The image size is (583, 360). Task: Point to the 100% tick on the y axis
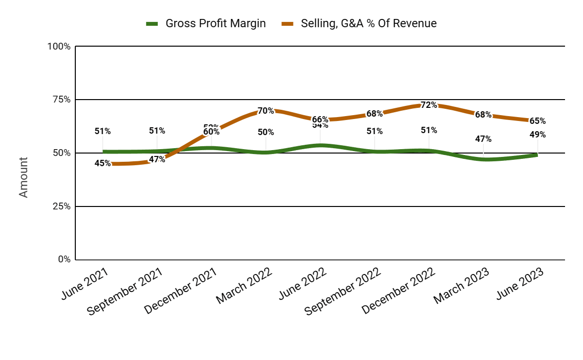[x=59, y=47]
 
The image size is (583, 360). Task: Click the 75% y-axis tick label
[x=61, y=100]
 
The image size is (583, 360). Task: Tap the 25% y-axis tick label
[x=61, y=206]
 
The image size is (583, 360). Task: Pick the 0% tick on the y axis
[x=64, y=259]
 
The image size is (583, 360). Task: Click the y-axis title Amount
[x=24, y=177]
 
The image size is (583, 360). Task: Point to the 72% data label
[x=429, y=105]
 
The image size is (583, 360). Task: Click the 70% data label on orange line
[x=266, y=111]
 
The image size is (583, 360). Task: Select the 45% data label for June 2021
[x=103, y=163]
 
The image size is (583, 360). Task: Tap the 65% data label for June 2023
[x=537, y=121]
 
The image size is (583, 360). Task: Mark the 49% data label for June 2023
[x=537, y=135]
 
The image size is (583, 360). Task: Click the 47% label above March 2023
[x=483, y=139]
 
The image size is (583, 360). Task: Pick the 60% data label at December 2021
[x=211, y=131]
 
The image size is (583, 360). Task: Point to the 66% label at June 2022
[x=320, y=120]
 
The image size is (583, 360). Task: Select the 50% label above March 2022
[x=266, y=132]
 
